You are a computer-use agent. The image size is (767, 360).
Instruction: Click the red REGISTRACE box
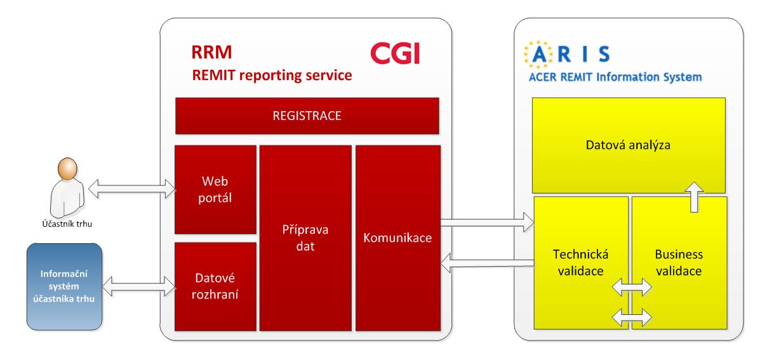coord(307,116)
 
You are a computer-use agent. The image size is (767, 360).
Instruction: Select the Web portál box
coord(215,189)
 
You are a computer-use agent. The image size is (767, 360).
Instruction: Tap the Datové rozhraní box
coord(215,287)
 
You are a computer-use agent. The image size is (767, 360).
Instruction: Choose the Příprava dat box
coord(305,238)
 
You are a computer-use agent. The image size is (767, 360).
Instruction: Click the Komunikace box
coord(398,238)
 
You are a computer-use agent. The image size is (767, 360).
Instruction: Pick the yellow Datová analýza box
coord(629,145)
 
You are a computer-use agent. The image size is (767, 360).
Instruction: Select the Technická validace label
coord(581,263)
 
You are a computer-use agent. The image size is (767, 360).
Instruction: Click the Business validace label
coord(679,263)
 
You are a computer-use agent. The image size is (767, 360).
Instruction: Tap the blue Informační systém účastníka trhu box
coord(64,287)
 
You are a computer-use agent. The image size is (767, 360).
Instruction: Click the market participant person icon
coord(67,187)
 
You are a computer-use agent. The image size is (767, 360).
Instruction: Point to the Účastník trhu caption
coord(67,224)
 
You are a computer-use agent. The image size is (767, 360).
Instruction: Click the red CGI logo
coord(395,53)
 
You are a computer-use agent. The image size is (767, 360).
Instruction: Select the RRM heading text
coord(211,53)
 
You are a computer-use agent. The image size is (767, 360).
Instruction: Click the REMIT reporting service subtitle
coord(272,76)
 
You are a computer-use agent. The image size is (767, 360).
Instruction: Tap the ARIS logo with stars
coord(567,54)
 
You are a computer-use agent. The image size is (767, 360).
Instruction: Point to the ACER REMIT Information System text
coord(615,77)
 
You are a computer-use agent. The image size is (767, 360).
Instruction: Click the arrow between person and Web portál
coord(132,189)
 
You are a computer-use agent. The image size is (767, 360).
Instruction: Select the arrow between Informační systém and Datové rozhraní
coord(138,286)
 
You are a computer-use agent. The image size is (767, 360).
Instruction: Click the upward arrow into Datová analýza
coord(694,197)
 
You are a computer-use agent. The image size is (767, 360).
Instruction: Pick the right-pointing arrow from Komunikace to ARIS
coord(487,222)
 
